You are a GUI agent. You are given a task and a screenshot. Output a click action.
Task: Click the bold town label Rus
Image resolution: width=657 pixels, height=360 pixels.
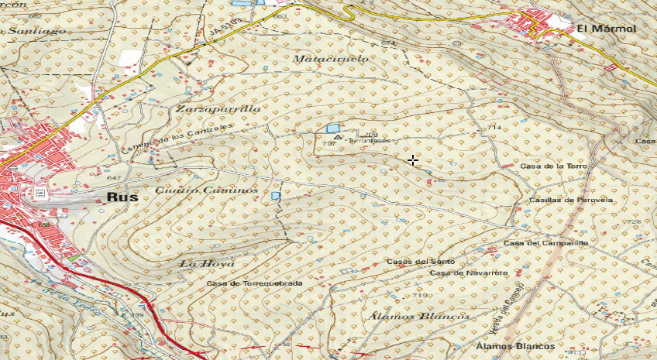pyautogui.click(x=122, y=197)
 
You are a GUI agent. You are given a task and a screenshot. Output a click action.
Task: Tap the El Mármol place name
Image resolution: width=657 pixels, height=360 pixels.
pyautogui.click(x=606, y=29)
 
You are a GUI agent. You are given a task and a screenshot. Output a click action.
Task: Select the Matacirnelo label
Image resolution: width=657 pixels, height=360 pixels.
pyautogui.click(x=331, y=59)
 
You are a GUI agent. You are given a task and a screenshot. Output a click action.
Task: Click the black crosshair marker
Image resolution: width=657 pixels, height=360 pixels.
pyautogui.click(x=413, y=160)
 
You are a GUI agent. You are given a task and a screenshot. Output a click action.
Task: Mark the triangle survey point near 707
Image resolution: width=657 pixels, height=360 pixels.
pyautogui.click(x=337, y=137)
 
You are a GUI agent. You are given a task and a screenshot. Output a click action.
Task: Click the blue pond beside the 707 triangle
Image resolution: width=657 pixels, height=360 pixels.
pyautogui.click(x=332, y=128)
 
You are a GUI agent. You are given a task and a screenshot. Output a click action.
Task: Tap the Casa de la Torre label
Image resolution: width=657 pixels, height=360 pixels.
pyautogui.click(x=555, y=166)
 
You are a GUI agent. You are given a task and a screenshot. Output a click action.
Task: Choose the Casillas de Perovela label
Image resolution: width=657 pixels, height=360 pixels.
pyautogui.click(x=571, y=200)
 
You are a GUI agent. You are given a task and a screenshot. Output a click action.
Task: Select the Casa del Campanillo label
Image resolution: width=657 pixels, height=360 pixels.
pyautogui.click(x=546, y=243)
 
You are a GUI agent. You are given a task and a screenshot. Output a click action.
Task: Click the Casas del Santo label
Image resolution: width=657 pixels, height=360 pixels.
pyautogui.click(x=420, y=262)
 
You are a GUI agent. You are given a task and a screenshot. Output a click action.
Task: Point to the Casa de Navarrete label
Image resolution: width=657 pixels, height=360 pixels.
pyautogui.click(x=470, y=273)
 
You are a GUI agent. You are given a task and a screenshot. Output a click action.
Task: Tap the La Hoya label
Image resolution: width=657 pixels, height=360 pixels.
pyautogui.click(x=206, y=264)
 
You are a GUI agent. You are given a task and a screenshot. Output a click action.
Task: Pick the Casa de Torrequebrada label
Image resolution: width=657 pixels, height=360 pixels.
pyautogui.click(x=254, y=283)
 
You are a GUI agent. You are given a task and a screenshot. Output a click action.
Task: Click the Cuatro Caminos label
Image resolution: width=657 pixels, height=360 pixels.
pyautogui.click(x=206, y=190)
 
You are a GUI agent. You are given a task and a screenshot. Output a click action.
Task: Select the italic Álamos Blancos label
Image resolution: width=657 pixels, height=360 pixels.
pyautogui.click(x=419, y=317)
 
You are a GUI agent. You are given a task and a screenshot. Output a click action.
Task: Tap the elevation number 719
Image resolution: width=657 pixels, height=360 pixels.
pyautogui.click(x=420, y=296)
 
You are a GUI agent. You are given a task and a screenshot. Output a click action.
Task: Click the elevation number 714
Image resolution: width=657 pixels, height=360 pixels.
pyautogui.click(x=494, y=127)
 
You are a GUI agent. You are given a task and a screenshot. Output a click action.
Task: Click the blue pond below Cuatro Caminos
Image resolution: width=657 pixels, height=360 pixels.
pyautogui.click(x=276, y=196)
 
